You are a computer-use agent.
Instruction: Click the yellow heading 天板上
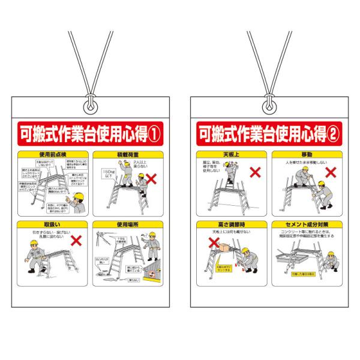coord(231,155)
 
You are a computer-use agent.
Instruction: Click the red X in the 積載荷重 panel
coord(152,178)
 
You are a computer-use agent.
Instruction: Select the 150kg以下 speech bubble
coord(109,174)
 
